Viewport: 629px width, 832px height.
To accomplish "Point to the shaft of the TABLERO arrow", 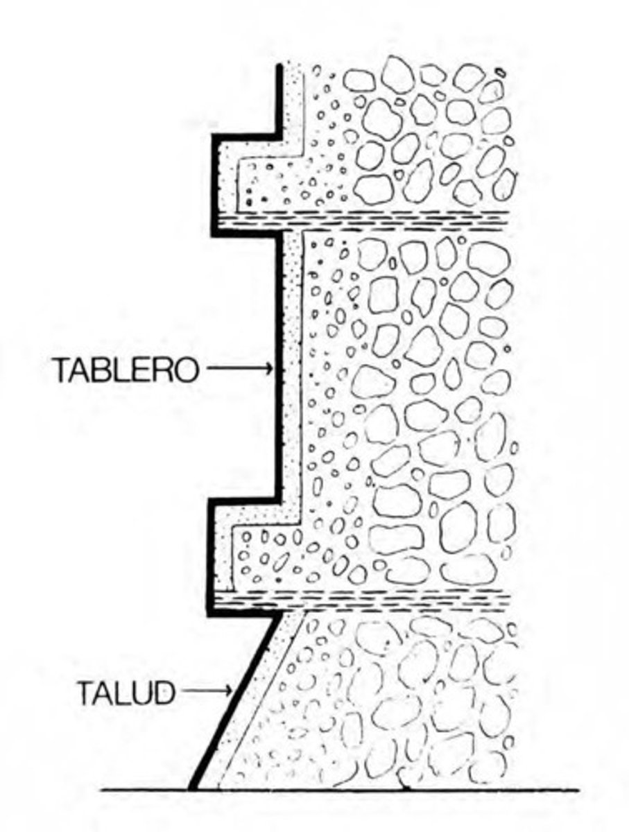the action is pyautogui.click(x=236, y=370).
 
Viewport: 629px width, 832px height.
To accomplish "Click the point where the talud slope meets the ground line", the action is pyautogui.click(x=193, y=788).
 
